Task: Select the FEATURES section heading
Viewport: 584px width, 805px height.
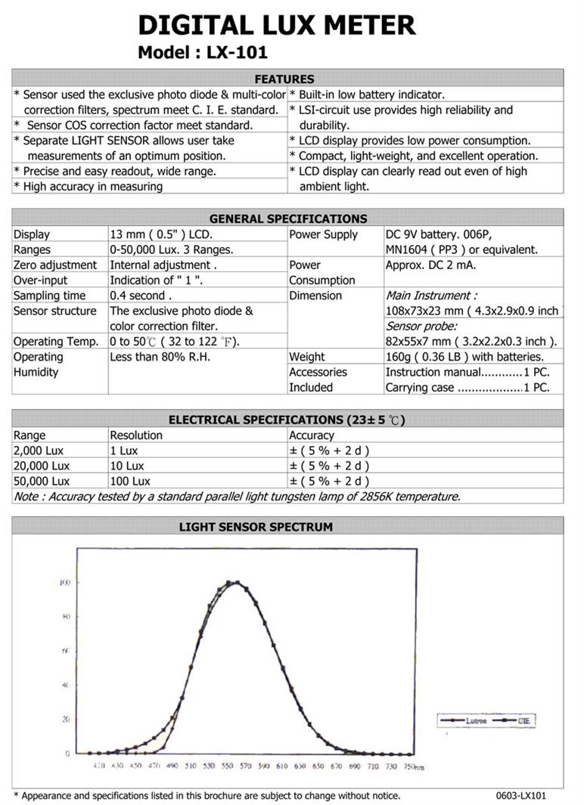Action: [284, 79]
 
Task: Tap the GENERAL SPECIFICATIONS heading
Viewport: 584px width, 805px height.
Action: [288, 218]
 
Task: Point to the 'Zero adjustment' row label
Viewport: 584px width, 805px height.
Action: [55, 265]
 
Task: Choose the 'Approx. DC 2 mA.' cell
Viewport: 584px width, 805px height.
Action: [431, 265]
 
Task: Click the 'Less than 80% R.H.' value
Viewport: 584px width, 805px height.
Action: [160, 357]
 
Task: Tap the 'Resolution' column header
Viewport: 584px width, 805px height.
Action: [136, 435]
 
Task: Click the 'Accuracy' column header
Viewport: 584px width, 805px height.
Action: [312, 435]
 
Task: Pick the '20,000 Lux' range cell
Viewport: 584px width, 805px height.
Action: [42, 466]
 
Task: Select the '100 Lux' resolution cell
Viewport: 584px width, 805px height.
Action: [130, 481]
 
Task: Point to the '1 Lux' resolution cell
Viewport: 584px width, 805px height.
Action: [125, 450]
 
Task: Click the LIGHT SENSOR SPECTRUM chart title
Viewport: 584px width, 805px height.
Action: [256, 526]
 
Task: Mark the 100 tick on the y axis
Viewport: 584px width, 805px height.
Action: [66, 583]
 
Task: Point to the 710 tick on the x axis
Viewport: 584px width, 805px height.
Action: [372, 766]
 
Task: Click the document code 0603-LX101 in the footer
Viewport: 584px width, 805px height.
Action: [520, 795]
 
